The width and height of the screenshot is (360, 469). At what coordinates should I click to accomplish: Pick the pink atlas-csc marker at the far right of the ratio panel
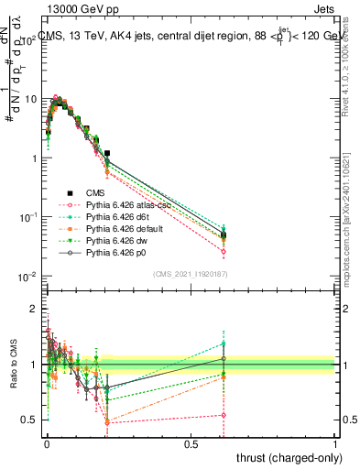[x=223, y=415]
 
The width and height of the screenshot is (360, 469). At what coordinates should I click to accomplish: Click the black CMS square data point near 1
[x=107, y=153]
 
